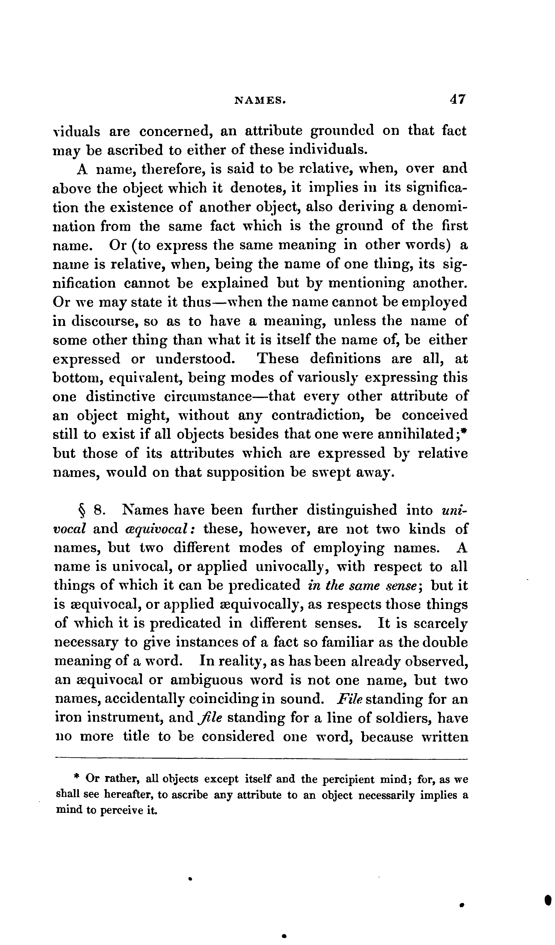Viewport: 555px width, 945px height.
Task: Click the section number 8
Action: [x=98, y=511]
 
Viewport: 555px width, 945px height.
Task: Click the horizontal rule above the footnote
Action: [x=261, y=759]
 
